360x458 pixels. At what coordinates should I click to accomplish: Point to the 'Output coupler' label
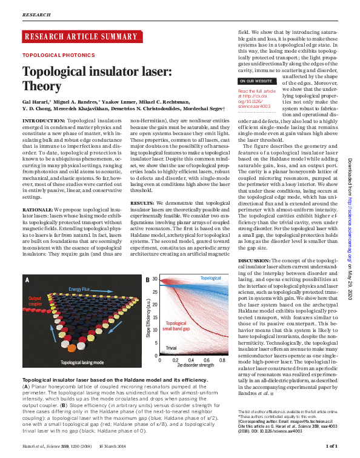35,301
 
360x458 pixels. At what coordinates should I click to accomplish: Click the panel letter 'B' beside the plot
148,280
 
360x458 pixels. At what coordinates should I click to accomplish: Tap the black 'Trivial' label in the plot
172,349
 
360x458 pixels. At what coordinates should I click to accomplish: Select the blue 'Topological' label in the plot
211,277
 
